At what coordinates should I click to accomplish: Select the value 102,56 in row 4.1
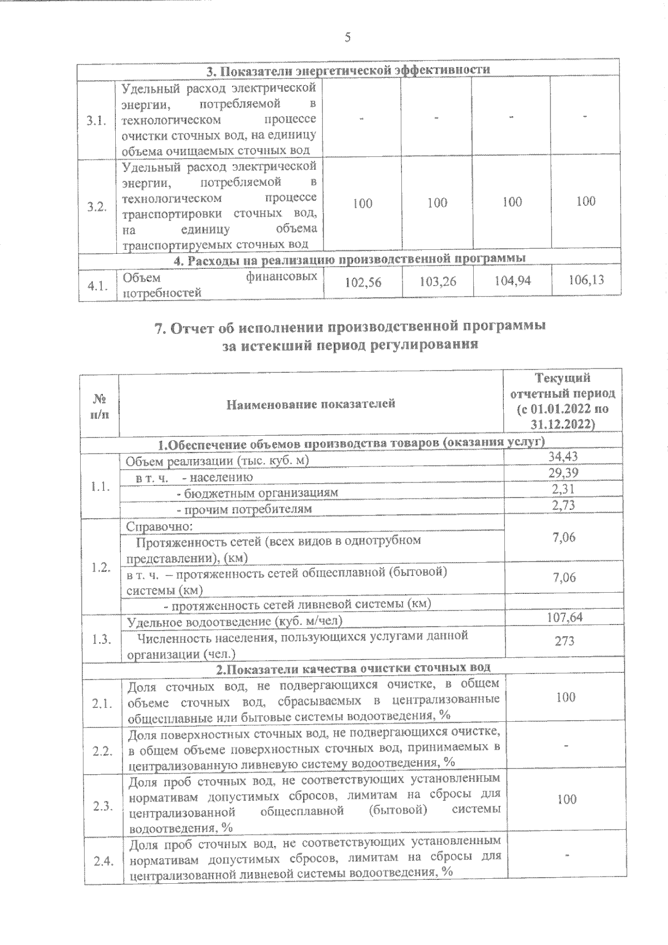pos(364,283)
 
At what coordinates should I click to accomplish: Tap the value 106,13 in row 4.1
pos(586,280)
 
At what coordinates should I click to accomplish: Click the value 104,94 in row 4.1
pos(512,281)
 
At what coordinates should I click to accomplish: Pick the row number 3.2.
pos(97,207)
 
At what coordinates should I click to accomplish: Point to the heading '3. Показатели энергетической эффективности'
pos(348,70)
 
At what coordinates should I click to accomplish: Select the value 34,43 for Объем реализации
pos(563,457)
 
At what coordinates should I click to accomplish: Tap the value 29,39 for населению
pos(563,473)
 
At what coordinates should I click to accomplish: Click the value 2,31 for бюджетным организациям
pos(563,489)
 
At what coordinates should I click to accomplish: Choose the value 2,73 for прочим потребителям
pos(563,505)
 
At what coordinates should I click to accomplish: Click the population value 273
pos(564,641)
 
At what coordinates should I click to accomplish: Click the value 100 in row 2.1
pos(566,697)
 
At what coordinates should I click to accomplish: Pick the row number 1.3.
pos(102,639)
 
